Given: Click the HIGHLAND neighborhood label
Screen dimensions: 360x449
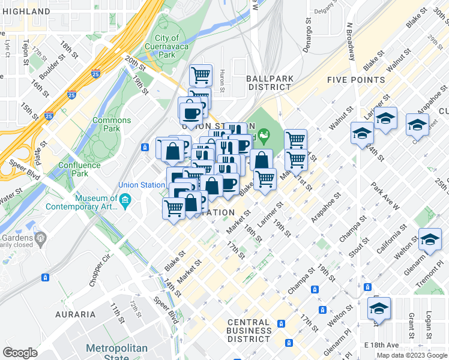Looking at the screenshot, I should click(x=26, y=11).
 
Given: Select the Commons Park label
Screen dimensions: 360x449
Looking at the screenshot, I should click(x=111, y=124).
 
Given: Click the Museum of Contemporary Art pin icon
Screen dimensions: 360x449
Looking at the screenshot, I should click(x=125, y=200).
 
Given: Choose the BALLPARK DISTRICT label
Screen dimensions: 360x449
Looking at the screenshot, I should click(x=268, y=83).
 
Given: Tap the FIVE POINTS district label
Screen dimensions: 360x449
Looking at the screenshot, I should click(x=356, y=80).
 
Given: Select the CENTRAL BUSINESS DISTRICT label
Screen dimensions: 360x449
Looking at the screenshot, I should click(x=249, y=331).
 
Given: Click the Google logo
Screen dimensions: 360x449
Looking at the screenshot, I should click(x=20, y=353).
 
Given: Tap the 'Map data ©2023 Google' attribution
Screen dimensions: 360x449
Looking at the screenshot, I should click(x=411, y=355).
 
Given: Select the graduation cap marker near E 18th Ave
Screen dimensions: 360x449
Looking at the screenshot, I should click(x=379, y=309).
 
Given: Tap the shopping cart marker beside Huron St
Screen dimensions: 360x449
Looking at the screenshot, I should click(x=201, y=76).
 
